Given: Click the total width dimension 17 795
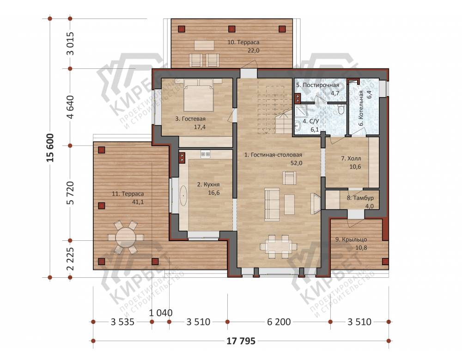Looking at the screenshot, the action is [x=241, y=341].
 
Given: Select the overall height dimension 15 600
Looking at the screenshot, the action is [x=50, y=148].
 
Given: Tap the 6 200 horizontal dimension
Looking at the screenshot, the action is [x=279, y=322].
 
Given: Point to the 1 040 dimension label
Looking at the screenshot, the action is [x=161, y=312].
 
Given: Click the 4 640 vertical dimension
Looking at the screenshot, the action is [x=70, y=107].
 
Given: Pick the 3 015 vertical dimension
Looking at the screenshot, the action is [x=70, y=43].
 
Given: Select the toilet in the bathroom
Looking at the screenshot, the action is [x=342, y=110].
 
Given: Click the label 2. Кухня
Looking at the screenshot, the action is [x=208, y=184].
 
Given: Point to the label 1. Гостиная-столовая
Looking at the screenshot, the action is [x=273, y=155].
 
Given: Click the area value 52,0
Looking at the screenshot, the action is [x=297, y=163].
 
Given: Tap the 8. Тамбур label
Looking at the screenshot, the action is [x=360, y=198].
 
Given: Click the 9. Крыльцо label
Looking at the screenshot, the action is [x=351, y=239].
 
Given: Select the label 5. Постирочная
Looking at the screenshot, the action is [x=318, y=85].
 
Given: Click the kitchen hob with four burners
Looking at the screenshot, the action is [x=206, y=154].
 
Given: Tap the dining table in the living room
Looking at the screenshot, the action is [x=279, y=246].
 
